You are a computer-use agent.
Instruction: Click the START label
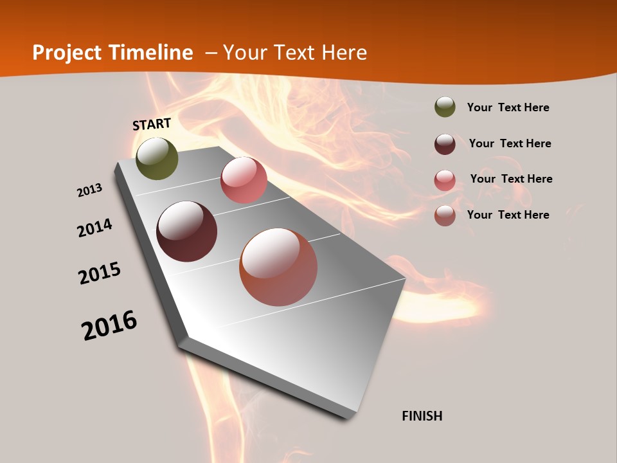[x=152, y=124]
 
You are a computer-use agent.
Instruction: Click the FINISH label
[x=422, y=416]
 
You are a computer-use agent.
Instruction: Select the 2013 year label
[x=89, y=190]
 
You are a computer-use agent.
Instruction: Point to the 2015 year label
[x=100, y=273]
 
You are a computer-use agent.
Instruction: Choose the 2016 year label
[x=109, y=325]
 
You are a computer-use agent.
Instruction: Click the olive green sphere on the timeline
[x=157, y=159]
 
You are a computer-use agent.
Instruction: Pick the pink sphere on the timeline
[x=244, y=180]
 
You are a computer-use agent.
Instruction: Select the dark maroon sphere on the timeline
[x=187, y=232]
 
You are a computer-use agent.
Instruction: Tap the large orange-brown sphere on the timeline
[x=278, y=267]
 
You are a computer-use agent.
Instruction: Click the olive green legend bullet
[x=445, y=107]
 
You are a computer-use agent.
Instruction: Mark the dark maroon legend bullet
[x=445, y=143]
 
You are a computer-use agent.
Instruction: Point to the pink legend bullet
[x=445, y=179]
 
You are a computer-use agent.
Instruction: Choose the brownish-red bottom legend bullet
[x=445, y=215]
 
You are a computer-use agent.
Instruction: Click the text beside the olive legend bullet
[x=508, y=107]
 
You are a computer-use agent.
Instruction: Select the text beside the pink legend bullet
[x=511, y=179]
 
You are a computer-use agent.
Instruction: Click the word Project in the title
[x=68, y=53]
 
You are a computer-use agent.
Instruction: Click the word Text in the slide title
[x=295, y=53]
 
